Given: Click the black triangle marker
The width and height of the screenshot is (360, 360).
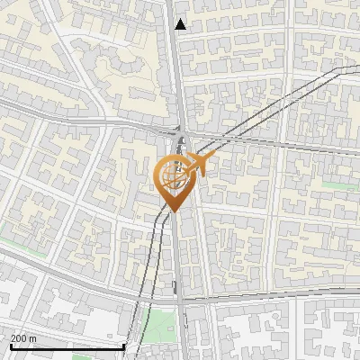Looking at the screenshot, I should tap(181, 24).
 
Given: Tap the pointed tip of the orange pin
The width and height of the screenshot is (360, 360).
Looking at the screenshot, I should tap(172, 211).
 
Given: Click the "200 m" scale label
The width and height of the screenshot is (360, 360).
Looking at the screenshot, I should tap(23, 338).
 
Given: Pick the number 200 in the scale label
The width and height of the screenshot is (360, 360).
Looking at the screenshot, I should tap(19, 338).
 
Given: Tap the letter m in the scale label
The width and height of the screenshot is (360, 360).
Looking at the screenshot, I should tap(33, 338).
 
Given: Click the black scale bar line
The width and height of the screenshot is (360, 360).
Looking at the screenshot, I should tap(67, 346).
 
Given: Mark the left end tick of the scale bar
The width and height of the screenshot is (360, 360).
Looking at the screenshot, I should tap(10, 345).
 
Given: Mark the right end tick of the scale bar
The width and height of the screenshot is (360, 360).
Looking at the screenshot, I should tap(123, 345).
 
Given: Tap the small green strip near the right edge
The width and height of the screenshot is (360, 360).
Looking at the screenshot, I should tap(335, 185).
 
